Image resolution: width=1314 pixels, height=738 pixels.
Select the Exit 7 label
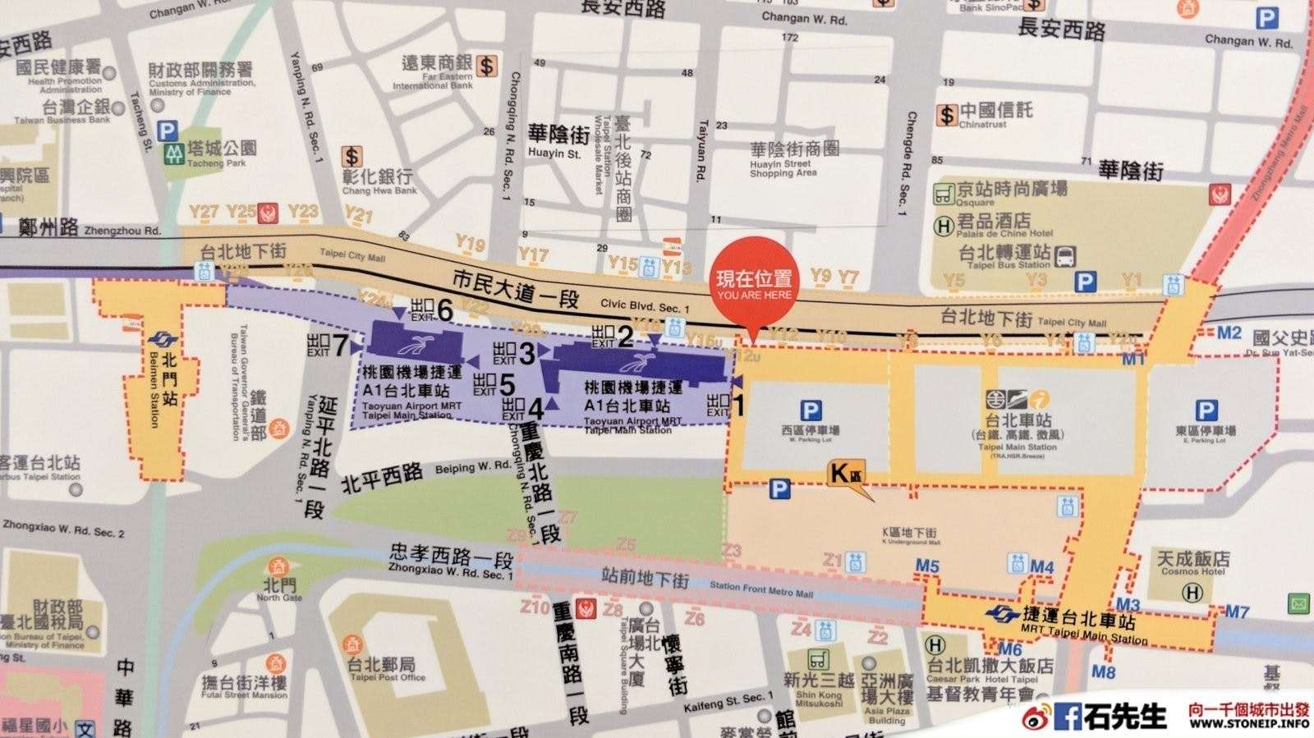[x=328, y=345]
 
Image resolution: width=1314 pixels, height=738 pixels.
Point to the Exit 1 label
[x=726, y=404]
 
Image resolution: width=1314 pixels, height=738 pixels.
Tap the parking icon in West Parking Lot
[x=811, y=410]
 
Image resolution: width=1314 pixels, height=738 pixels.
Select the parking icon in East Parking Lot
[x=1206, y=410]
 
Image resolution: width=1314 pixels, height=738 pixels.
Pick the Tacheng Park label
[x=220, y=152]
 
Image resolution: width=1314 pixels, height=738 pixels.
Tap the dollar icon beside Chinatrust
[x=947, y=115]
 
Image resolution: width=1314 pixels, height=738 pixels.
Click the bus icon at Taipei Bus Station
[x=1065, y=256]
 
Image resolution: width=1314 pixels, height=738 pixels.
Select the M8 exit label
[x=1103, y=672]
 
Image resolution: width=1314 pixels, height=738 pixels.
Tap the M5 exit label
[x=927, y=566]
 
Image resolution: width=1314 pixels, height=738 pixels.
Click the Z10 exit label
[x=535, y=607]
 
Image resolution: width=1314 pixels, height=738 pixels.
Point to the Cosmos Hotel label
[x=1192, y=563]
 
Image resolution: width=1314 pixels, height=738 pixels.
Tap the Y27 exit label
[x=203, y=212]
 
